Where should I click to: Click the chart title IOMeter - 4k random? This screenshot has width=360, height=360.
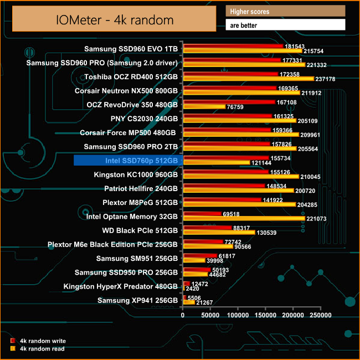coord(114,20)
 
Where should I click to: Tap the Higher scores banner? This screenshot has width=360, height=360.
coord(285,11)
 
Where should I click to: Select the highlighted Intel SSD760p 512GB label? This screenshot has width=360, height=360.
coord(127,161)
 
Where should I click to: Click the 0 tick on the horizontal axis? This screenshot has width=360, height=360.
coord(183,315)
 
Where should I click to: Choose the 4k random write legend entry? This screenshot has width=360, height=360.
coord(42,341)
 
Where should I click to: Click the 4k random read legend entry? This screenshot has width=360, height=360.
coord(42,349)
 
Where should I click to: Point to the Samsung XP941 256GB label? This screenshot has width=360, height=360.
coord(137,301)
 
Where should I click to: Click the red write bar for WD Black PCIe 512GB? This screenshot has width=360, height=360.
coord(207,228)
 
